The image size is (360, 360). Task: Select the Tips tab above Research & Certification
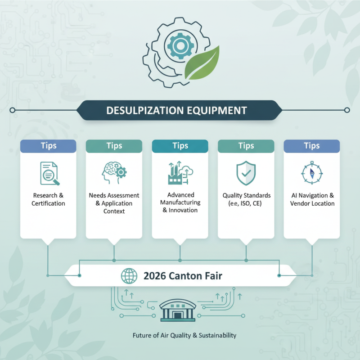pyautogui.click(x=48, y=146)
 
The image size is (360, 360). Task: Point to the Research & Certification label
pyautogui.click(x=48, y=199)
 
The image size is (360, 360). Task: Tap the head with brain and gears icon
pyautogui.click(x=114, y=173)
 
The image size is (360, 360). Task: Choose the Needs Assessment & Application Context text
pyautogui.click(x=114, y=203)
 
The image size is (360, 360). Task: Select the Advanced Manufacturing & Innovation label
pyautogui.click(x=180, y=202)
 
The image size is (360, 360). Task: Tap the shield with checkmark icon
pyautogui.click(x=246, y=173)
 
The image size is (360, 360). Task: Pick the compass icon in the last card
pyautogui.click(x=311, y=173)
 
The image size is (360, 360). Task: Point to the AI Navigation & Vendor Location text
pyautogui.click(x=312, y=199)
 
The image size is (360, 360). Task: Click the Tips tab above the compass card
pyautogui.click(x=312, y=146)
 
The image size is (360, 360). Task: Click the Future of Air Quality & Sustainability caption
pyautogui.click(x=184, y=335)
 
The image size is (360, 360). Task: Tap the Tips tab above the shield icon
pyautogui.click(x=246, y=146)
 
